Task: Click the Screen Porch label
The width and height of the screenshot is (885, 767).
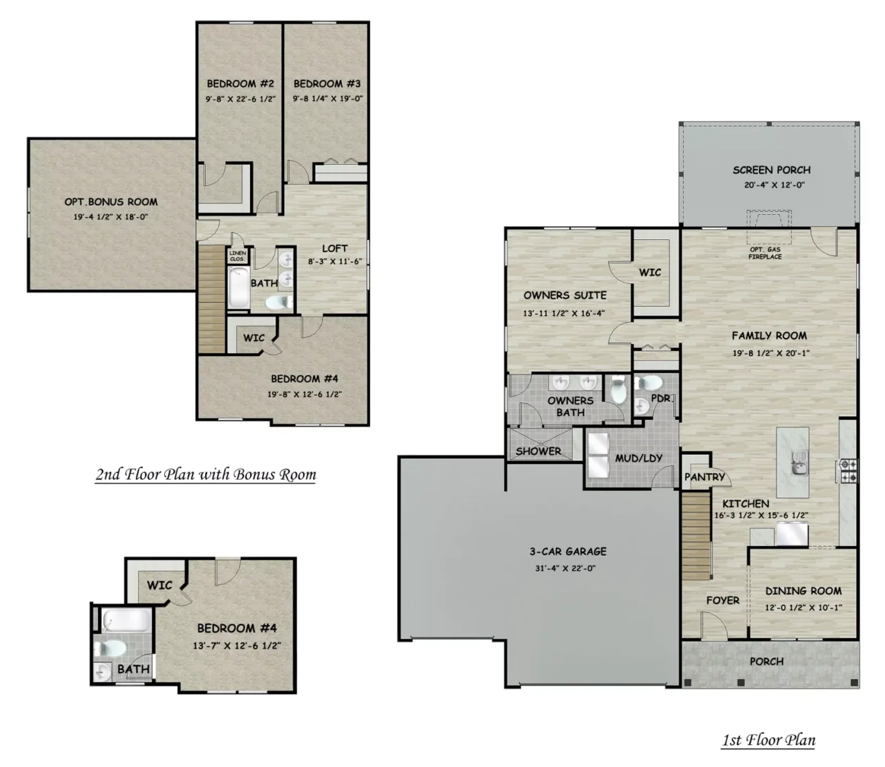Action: (x=771, y=170)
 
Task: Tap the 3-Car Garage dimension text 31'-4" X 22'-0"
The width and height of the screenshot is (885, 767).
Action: (x=565, y=568)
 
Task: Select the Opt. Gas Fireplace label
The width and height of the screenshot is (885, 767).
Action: (x=765, y=253)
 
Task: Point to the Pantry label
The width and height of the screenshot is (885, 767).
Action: (x=704, y=477)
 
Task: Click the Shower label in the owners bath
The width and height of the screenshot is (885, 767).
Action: (x=538, y=451)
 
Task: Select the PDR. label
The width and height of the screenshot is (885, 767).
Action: (x=662, y=399)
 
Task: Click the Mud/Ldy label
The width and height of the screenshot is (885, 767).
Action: (x=638, y=458)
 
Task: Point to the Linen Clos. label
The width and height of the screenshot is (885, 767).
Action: (x=237, y=256)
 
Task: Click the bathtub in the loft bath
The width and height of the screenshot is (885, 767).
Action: (x=238, y=287)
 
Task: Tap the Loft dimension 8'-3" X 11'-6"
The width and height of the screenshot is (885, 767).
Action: (x=335, y=261)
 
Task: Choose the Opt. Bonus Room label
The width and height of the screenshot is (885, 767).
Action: (x=111, y=202)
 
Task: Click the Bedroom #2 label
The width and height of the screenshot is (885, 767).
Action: (x=240, y=83)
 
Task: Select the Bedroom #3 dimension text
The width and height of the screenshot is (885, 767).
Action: (x=327, y=98)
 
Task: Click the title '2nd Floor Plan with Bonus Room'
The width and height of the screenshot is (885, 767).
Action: (x=205, y=474)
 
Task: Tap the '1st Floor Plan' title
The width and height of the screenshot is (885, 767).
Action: (x=768, y=740)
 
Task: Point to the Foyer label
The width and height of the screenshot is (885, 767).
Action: (x=722, y=600)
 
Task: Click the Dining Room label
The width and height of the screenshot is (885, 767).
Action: (x=803, y=591)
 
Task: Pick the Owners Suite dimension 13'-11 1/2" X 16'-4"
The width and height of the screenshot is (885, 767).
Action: (x=564, y=313)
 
